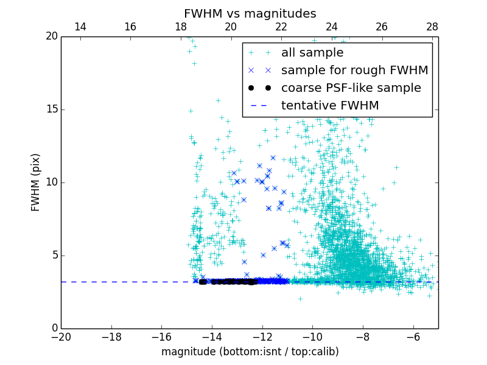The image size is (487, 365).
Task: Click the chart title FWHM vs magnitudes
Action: pyautogui.click(x=250, y=13)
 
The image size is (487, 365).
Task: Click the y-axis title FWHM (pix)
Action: pyautogui.click(x=35, y=182)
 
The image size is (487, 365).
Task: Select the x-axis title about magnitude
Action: pyautogui.click(x=250, y=352)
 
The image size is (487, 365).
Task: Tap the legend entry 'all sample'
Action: pyautogui.click(x=312, y=53)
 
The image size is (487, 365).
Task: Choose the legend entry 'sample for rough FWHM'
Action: pyautogui.click(x=354, y=70)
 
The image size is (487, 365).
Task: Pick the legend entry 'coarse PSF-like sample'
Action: pyautogui.click(x=351, y=88)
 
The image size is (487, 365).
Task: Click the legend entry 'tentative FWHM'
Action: pyautogui.click(x=330, y=105)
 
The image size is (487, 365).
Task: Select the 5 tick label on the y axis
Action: pyautogui.click(x=54, y=255)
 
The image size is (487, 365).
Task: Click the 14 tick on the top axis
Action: pyautogui.click(x=80, y=27)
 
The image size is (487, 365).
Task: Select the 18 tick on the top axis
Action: pyautogui.click(x=180, y=27)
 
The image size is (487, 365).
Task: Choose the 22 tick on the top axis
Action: pyautogui.click(x=281, y=27)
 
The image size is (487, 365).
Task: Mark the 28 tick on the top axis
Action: pyautogui.click(x=432, y=27)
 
